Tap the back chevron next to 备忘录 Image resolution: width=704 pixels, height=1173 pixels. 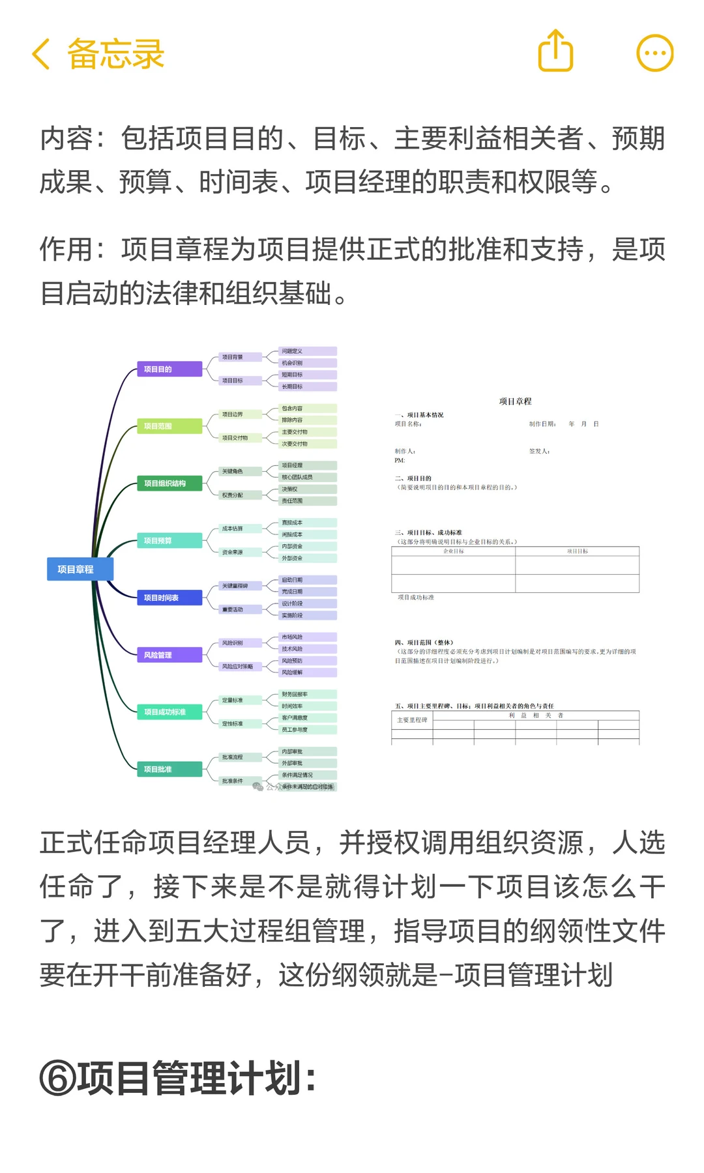pyautogui.click(x=41, y=54)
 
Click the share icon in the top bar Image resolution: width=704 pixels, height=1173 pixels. pyautogui.click(x=555, y=51)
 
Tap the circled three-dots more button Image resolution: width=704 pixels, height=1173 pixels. pyautogui.click(x=654, y=53)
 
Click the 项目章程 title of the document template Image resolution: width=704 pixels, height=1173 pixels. pyautogui.click(x=515, y=401)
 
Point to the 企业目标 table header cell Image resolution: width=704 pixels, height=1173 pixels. pyautogui.click(x=453, y=551)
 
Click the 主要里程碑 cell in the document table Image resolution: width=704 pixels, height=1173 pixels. pyautogui.click(x=412, y=720)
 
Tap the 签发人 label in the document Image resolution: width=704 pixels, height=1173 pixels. pyautogui.click(x=539, y=451)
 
